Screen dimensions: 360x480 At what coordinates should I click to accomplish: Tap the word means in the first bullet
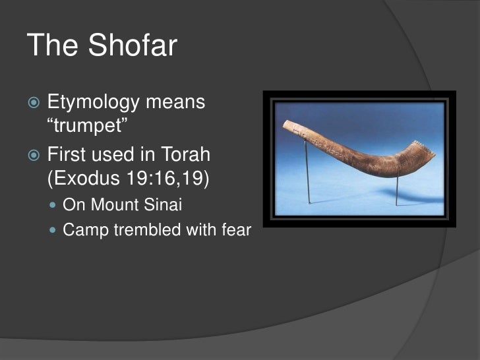pos(175,104)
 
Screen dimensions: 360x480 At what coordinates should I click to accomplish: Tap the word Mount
pos(116,205)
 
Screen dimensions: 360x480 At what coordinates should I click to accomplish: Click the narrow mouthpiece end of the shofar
pos(287,125)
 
